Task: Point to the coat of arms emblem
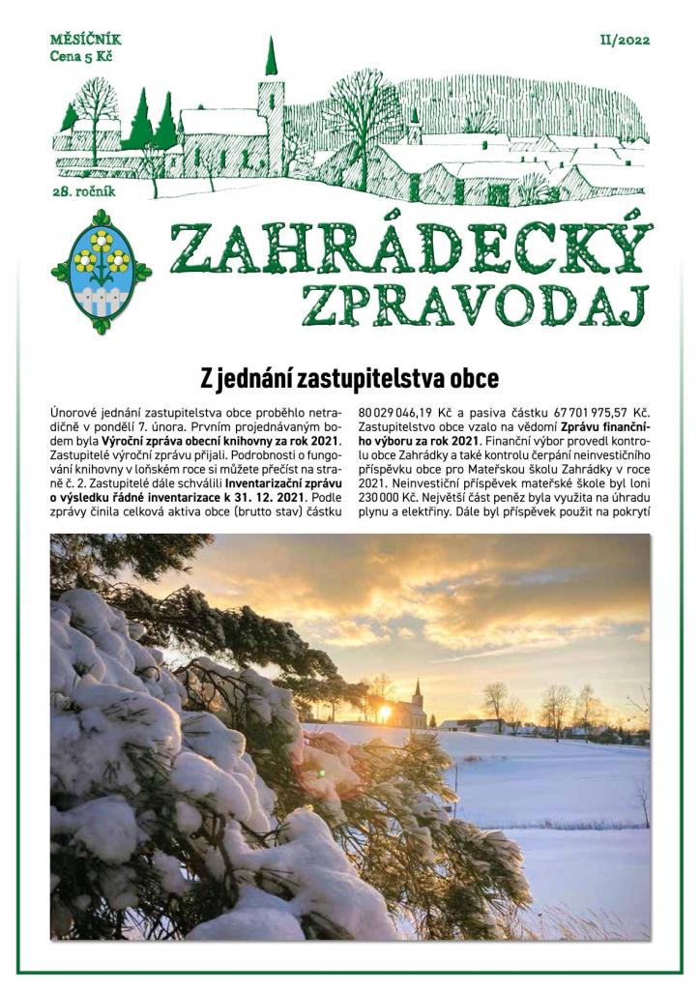coord(101,271)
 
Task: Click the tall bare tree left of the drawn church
coord(97,111)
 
